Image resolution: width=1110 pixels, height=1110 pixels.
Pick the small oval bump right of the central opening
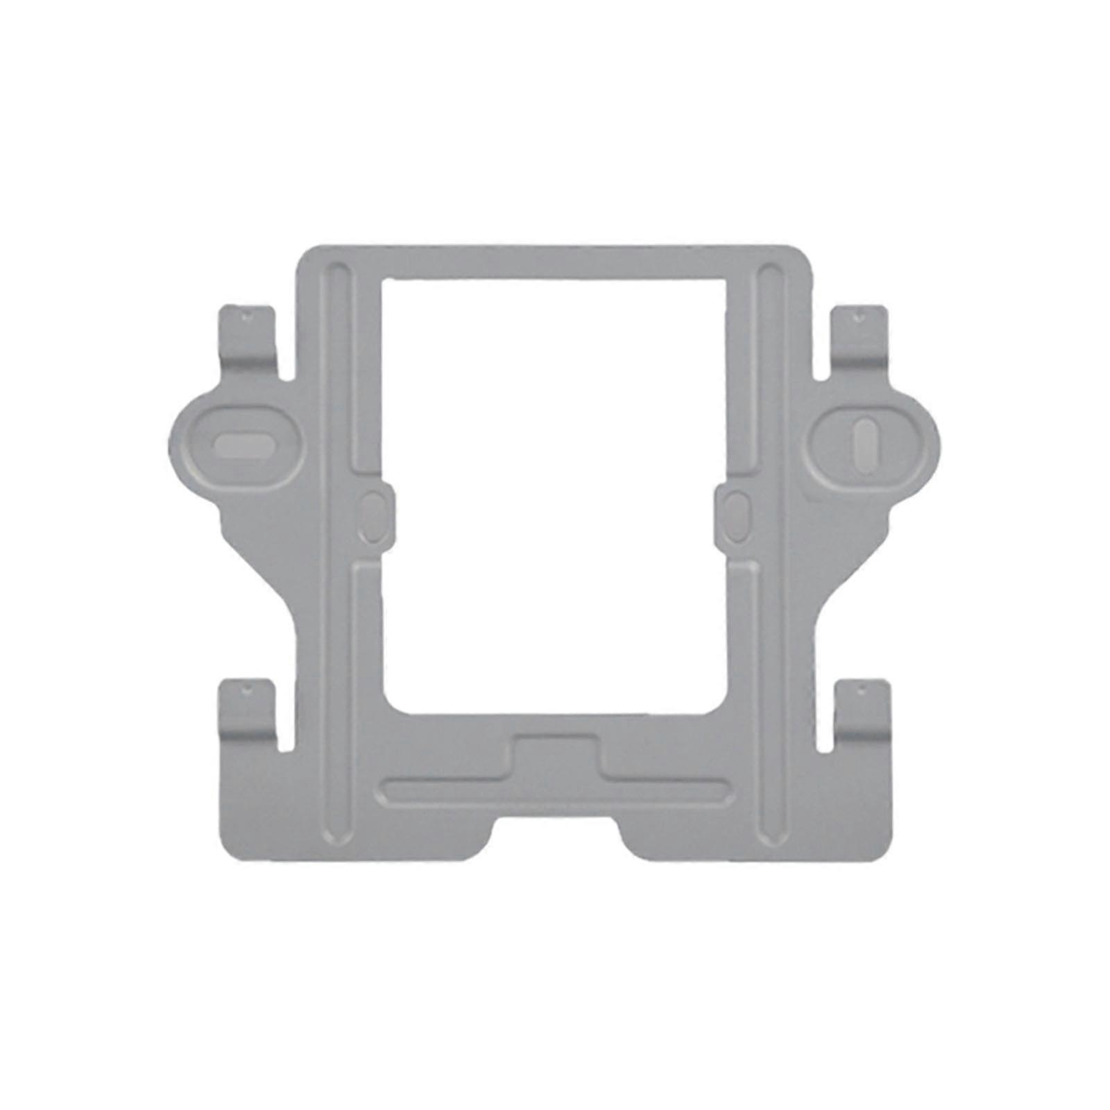point(735,513)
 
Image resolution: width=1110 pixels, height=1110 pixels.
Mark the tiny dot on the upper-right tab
point(860,316)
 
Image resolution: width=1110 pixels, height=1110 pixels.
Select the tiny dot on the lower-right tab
point(861,691)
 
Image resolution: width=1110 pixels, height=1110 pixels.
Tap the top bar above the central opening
point(555,262)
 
